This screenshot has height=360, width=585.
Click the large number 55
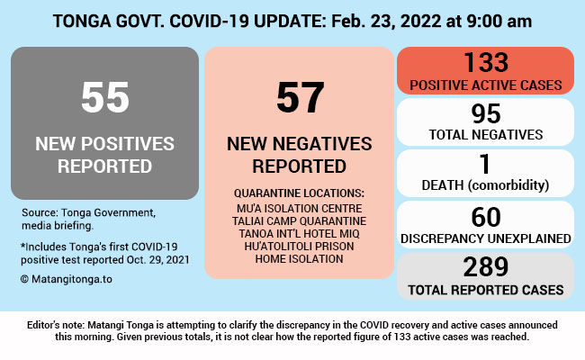(x=104, y=97)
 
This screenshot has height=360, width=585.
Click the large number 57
(x=299, y=97)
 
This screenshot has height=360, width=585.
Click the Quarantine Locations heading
(x=299, y=193)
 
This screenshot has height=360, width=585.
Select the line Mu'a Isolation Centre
(x=299, y=208)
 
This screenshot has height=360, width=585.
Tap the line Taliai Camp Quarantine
(x=299, y=220)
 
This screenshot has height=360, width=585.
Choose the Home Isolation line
(x=299, y=258)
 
